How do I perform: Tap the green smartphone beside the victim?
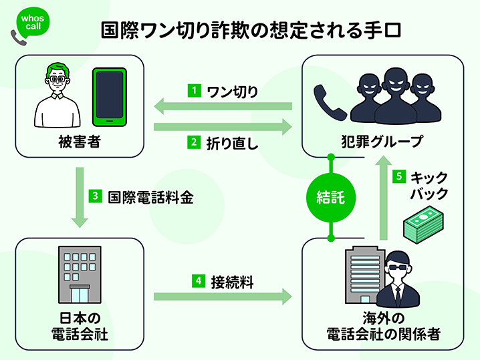pyautogui.click(x=108, y=97)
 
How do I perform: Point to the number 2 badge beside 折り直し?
pyautogui.click(x=193, y=141)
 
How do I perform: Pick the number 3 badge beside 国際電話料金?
pyautogui.click(x=96, y=196)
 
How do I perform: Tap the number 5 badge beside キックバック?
pyautogui.click(x=398, y=177)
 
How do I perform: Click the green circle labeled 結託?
pyautogui.click(x=331, y=197)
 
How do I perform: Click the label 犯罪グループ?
pyautogui.click(x=382, y=142)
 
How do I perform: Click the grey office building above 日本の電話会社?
pyautogui.click(x=79, y=275)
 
